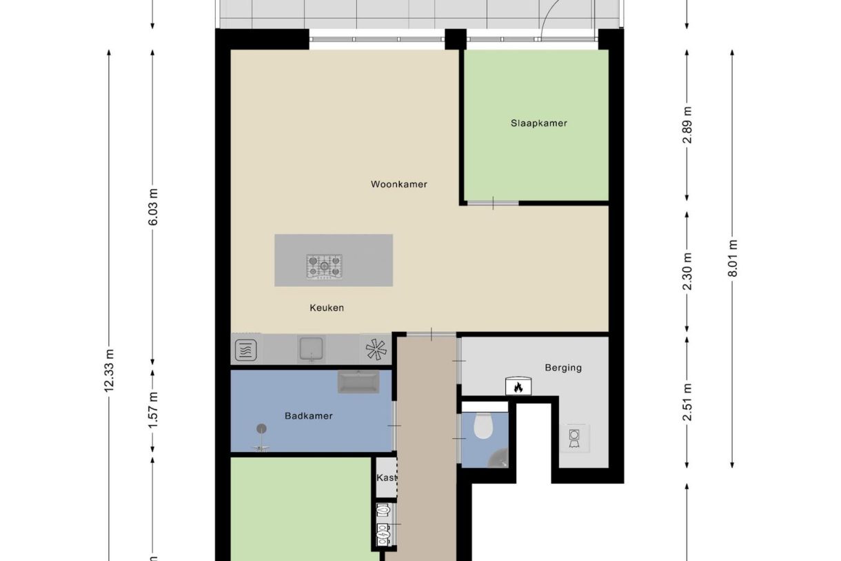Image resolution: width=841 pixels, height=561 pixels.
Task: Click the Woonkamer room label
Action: tap(398, 184)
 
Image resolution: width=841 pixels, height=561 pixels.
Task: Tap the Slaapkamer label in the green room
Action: tap(538, 124)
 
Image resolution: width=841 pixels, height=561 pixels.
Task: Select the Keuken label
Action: tap(326, 308)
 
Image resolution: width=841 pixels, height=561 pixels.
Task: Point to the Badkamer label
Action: tap(308, 416)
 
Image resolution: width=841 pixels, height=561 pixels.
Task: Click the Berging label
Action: tap(563, 368)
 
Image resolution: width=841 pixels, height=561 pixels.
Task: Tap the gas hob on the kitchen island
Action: tap(324, 266)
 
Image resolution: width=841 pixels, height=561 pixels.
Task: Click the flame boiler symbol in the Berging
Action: tap(518, 386)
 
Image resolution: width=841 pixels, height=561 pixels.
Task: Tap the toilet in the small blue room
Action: tap(483, 426)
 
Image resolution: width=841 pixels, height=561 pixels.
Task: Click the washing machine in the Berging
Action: tap(574, 437)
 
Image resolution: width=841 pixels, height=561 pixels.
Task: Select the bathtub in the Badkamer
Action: tap(358, 382)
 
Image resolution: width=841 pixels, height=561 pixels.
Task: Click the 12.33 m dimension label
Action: tap(109, 370)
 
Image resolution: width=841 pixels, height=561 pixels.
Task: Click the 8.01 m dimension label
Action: tap(732, 257)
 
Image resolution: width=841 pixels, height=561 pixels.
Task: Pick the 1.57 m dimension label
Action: tap(153, 406)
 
